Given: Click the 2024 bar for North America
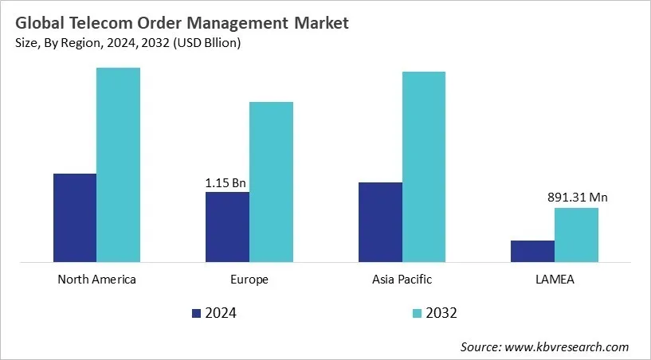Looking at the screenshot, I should (75, 217).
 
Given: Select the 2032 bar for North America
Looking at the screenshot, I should (118, 164).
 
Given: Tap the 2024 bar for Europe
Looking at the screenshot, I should (227, 226).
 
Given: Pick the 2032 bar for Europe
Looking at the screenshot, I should (271, 181).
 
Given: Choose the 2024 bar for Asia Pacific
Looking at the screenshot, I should (380, 221).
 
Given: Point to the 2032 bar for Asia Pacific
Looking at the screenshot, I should (423, 166).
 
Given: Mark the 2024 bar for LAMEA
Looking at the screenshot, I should (532, 251).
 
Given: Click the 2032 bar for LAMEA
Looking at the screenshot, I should (576, 234).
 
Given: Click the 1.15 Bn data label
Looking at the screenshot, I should (225, 183).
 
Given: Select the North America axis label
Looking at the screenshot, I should (96, 280).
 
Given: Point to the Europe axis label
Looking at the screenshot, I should (249, 280).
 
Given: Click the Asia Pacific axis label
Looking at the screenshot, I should (402, 280).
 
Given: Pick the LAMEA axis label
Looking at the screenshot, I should (555, 280).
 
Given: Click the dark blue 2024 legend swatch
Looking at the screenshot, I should (197, 313).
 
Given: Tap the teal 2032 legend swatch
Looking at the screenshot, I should (418, 313).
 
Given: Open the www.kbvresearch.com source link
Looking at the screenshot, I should (569, 346).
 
